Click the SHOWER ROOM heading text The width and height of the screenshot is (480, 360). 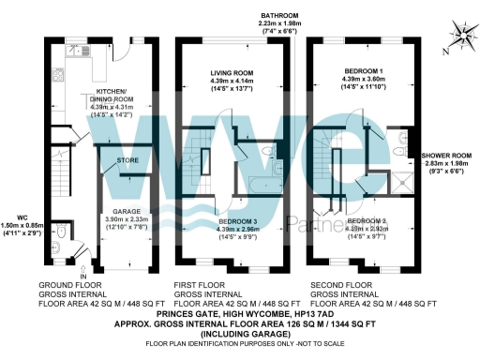(x=447, y=156)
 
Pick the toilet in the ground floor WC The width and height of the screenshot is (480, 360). (x=61, y=232)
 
